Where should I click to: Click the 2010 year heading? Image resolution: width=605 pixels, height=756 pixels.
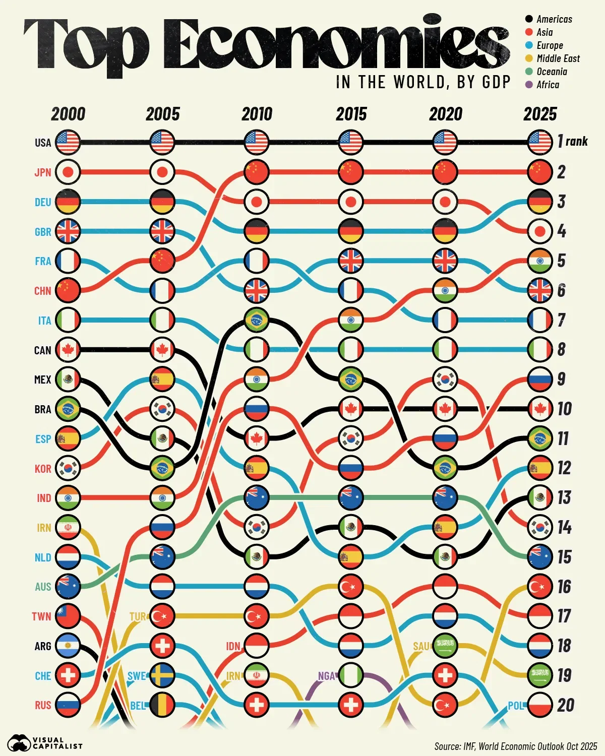257,114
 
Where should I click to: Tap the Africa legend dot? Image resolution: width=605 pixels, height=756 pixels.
529,85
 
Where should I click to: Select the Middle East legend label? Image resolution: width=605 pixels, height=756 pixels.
558,58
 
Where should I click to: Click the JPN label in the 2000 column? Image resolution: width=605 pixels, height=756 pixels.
43,172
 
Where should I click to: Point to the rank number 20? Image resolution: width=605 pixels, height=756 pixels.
566,705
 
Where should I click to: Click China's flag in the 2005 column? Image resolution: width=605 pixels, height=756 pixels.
162,261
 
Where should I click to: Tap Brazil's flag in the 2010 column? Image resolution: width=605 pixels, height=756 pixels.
257,320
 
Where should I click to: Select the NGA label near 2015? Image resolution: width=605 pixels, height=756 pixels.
327,676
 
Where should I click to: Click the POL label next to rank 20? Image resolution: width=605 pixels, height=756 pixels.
516,706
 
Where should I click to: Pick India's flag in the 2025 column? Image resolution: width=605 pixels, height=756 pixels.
540,261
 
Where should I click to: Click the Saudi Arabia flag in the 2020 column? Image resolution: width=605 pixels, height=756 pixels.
445,646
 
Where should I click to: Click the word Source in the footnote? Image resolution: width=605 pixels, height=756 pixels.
447,746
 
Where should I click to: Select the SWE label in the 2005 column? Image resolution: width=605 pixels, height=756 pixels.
137,676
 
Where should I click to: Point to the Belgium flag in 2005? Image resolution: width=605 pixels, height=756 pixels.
162,705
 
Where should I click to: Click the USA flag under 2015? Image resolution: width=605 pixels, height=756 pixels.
351,143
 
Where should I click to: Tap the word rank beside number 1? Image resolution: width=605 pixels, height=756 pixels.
577,142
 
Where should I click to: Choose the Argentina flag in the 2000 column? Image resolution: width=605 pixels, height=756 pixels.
68,646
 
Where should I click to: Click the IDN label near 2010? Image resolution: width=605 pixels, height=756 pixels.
233,646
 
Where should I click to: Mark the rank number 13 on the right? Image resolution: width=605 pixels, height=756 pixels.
564,498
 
